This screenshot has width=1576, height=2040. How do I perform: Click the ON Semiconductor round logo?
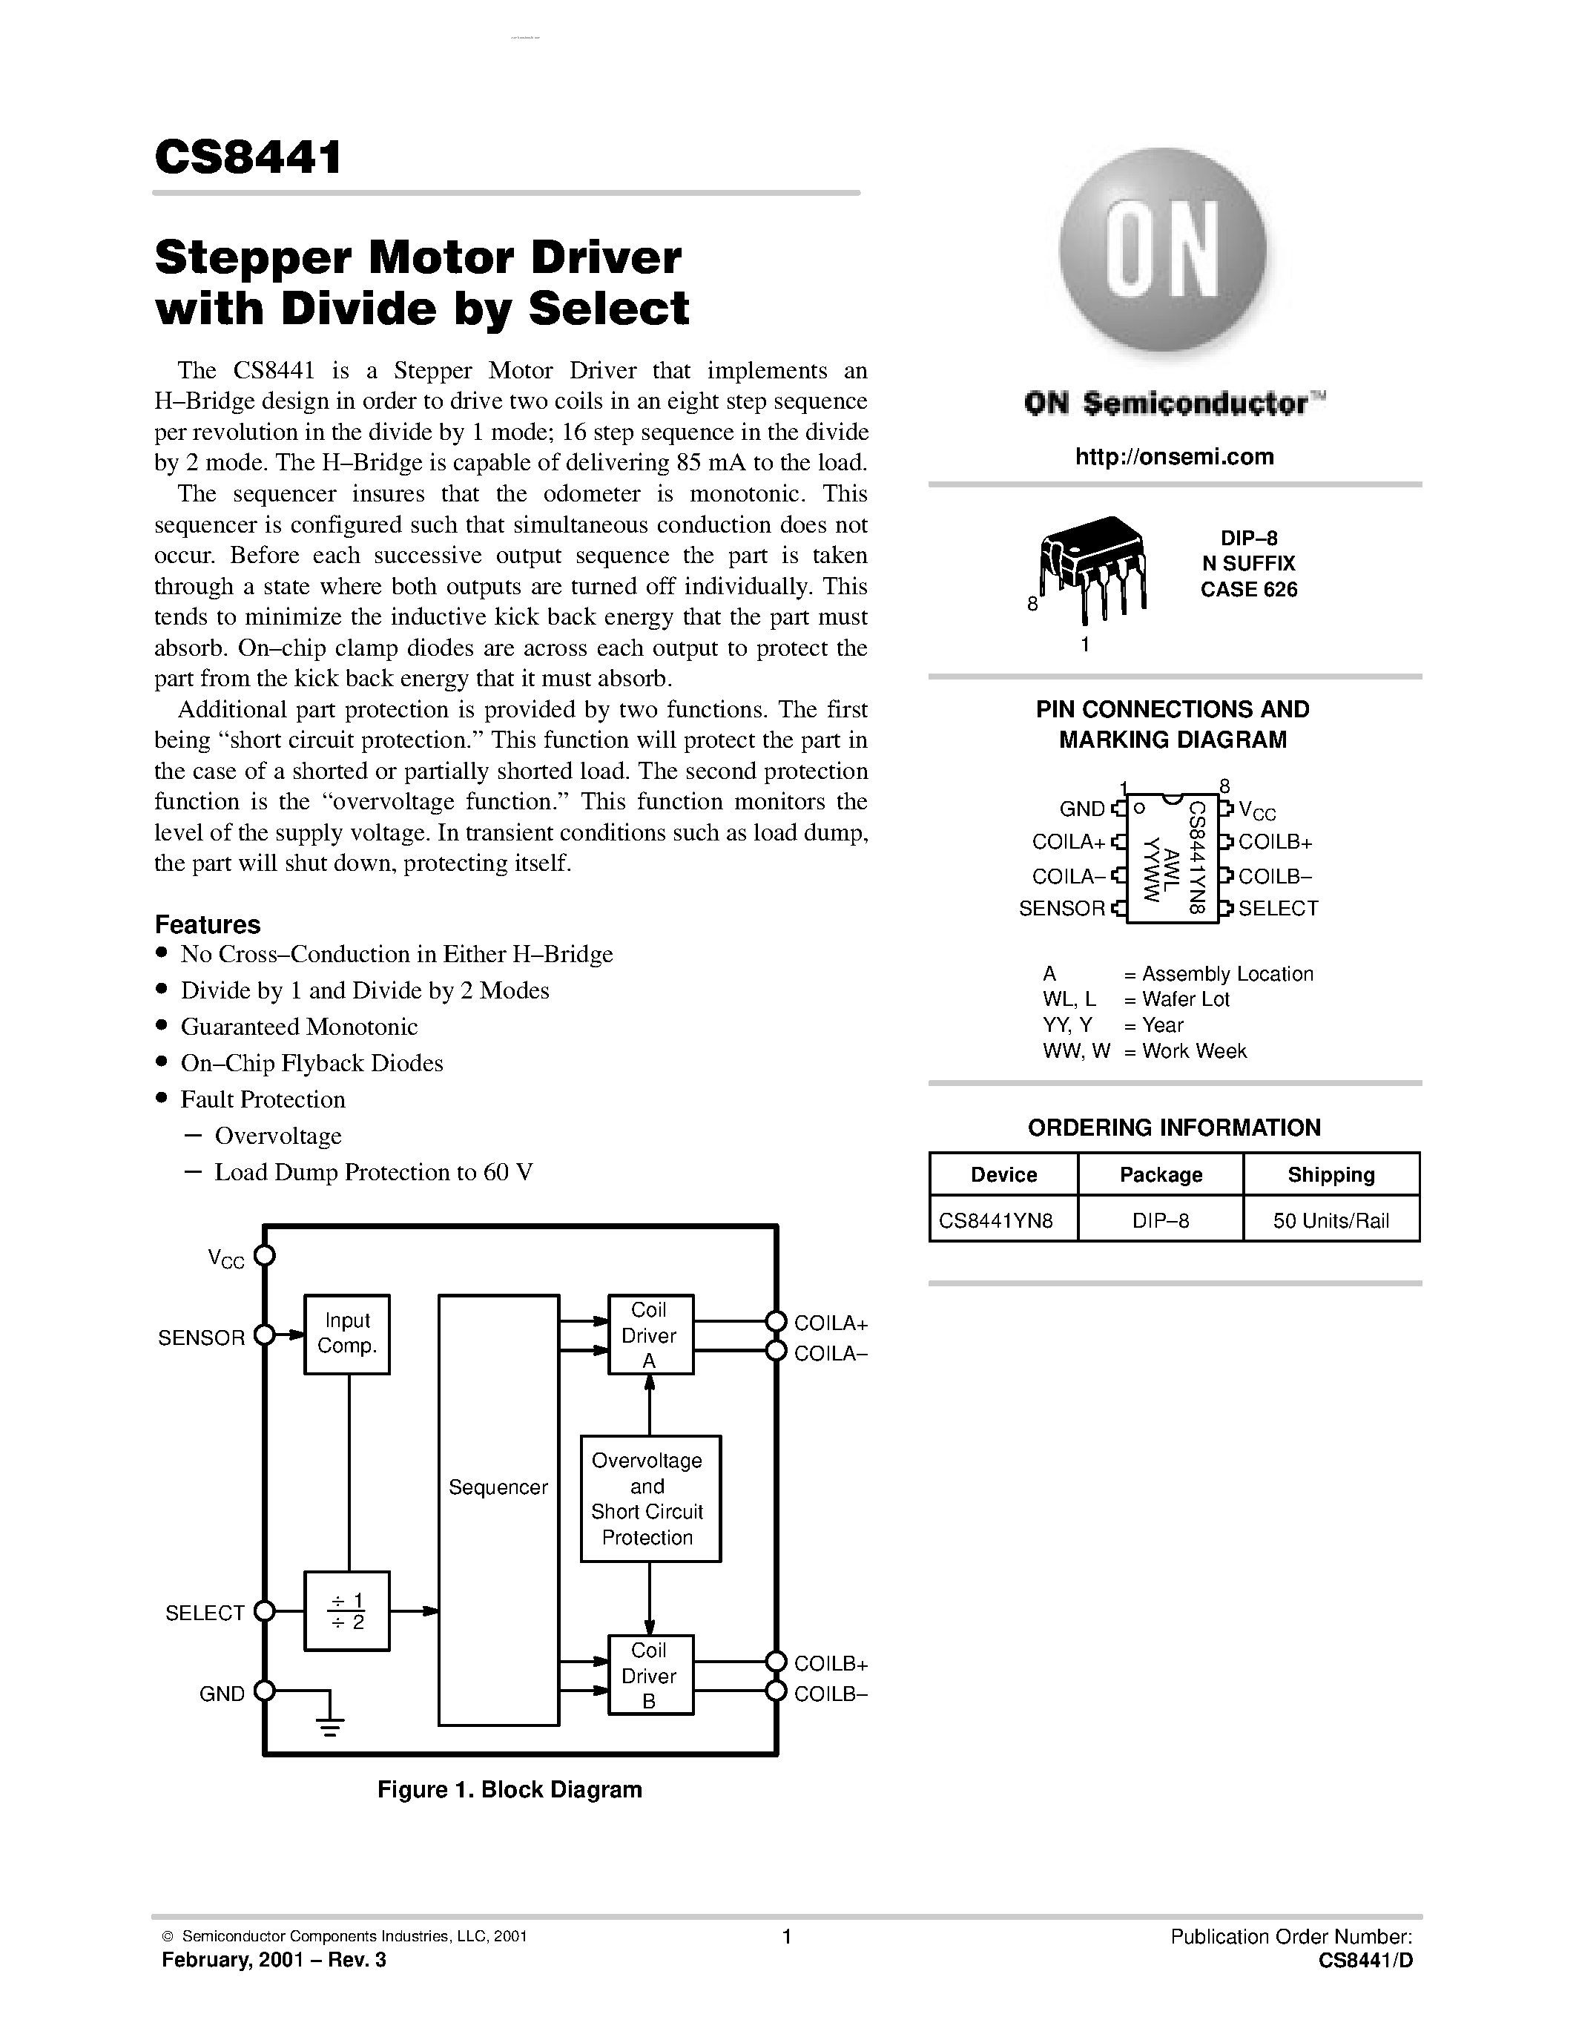(x=1162, y=251)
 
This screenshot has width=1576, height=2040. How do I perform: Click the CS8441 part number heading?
(x=248, y=157)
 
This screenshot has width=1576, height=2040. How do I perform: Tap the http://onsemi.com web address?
(x=1173, y=457)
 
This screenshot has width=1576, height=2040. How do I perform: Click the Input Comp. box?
(x=346, y=1334)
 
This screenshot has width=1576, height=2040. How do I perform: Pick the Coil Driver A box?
(x=650, y=1335)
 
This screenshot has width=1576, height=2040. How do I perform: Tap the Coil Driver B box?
(x=650, y=1676)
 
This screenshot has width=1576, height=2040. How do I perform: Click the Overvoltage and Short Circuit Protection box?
(x=650, y=1499)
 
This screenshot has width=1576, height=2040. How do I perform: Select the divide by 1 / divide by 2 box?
(x=346, y=1611)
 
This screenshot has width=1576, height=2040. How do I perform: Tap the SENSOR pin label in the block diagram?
(x=202, y=1337)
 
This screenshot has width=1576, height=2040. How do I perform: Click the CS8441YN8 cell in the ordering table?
(x=996, y=1221)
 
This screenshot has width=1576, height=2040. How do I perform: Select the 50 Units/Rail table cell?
(x=1331, y=1221)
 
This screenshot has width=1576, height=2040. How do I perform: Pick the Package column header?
(x=1161, y=1175)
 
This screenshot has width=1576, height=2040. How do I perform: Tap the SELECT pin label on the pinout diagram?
(x=1277, y=909)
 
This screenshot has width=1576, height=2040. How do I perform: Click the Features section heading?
(x=207, y=925)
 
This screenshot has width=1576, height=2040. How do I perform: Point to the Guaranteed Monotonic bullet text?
(x=299, y=1027)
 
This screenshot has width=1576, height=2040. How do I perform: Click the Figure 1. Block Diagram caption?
(x=510, y=1790)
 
